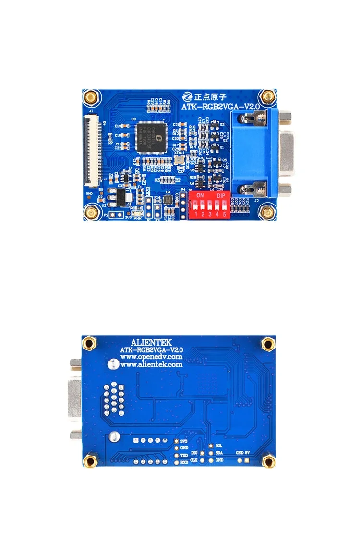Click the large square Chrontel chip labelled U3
(149, 138)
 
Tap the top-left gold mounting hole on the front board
(90, 98)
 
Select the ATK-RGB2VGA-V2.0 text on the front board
(221, 106)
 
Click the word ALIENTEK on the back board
(151, 342)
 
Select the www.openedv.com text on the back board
(151, 357)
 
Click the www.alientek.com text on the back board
(151, 364)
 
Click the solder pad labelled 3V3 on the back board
(177, 441)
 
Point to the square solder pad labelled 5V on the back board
(247, 460)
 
